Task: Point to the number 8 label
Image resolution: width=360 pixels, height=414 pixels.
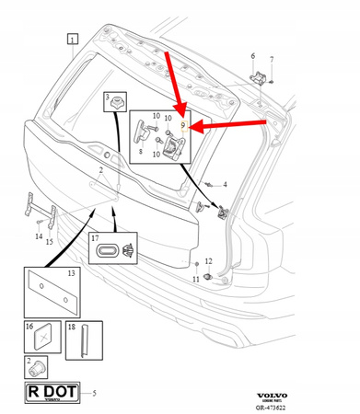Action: click(x=140, y=150)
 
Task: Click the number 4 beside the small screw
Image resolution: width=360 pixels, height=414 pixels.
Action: click(x=224, y=185)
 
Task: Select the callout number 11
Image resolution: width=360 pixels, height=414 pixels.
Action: click(x=195, y=278)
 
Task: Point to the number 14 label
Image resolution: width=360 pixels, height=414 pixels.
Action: click(x=39, y=236)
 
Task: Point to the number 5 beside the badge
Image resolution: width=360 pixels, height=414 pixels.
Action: click(x=93, y=394)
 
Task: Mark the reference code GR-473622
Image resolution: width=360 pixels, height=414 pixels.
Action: click(x=321, y=407)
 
